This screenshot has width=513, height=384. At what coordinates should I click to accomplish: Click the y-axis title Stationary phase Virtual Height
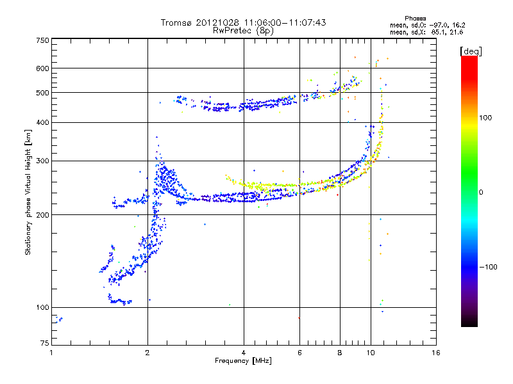(28, 193)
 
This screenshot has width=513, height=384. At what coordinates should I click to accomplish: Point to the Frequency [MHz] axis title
(243, 361)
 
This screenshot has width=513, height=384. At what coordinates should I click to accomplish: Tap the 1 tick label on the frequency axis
(51, 353)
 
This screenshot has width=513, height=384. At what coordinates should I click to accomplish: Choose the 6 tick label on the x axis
(299, 353)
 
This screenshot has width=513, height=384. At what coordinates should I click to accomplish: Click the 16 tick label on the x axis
(437, 353)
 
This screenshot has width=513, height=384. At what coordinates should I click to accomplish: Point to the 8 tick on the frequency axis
(340, 353)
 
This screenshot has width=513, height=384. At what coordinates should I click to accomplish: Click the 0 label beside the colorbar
(482, 192)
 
